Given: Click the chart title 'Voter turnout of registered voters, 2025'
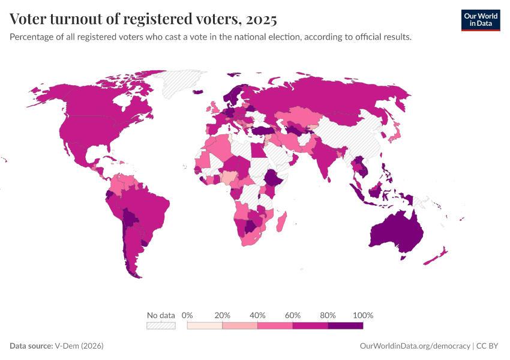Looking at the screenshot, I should (x=143, y=19).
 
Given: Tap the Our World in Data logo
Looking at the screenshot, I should (x=480, y=19).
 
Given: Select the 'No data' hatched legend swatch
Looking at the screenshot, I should (x=161, y=325).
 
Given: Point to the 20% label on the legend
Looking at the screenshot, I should (x=223, y=315).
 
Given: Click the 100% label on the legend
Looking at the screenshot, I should (x=363, y=315).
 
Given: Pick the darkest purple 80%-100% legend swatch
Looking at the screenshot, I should (x=346, y=325).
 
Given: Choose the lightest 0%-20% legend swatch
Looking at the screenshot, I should (x=205, y=325).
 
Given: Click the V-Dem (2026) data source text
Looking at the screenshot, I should (x=78, y=346).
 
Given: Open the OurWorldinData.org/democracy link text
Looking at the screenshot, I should (x=415, y=346).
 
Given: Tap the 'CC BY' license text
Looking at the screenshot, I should (x=488, y=346).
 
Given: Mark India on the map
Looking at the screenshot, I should (x=327, y=159).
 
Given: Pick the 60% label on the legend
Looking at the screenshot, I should (x=293, y=315).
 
